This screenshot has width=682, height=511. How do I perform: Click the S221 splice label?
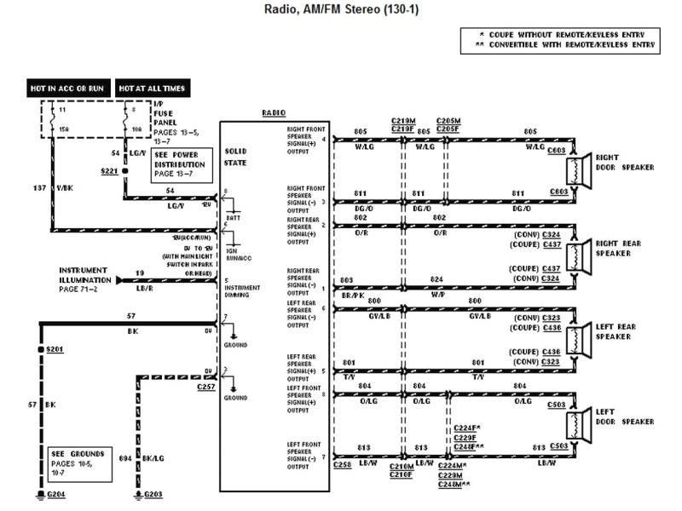tap(110, 171)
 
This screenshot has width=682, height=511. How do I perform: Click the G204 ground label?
tap(55, 494)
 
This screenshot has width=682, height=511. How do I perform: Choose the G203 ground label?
tap(154, 494)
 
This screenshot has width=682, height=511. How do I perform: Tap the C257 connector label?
tap(205, 387)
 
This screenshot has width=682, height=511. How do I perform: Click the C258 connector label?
tap(344, 467)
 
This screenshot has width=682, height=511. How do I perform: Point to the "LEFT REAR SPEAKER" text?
tap(631, 331)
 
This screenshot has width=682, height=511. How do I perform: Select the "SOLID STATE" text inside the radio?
tap(235, 156)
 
